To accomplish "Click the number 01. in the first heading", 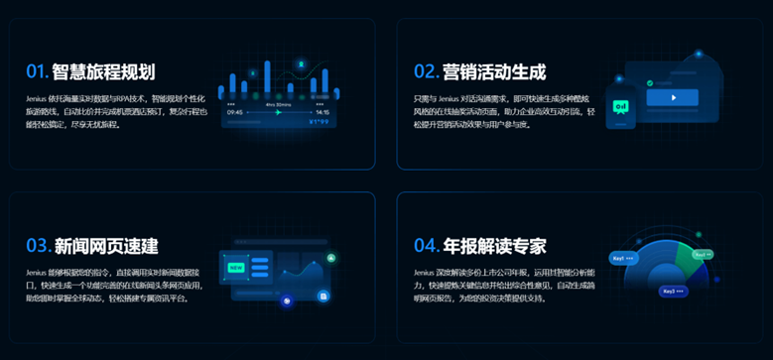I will point(37,71).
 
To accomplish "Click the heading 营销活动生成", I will point(494,71).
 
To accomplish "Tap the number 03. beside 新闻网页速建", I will point(38,245).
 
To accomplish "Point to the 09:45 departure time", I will point(235,112).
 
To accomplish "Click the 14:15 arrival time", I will point(322,112).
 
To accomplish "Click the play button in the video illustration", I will point(673,98).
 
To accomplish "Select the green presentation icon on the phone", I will point(622,105).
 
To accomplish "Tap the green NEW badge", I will point(236,266).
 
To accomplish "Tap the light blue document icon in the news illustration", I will point(324,295).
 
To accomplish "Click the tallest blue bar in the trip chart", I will point(268,79).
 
